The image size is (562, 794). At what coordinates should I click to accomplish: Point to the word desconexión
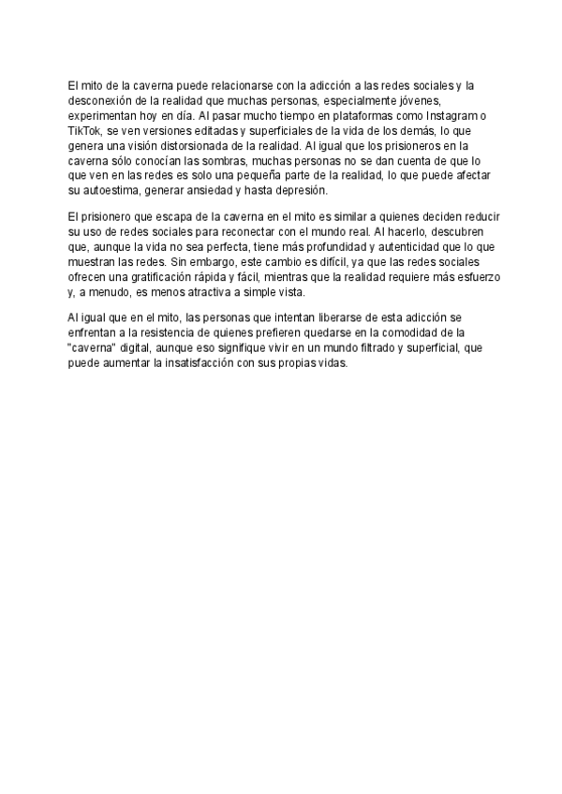tap(103, 100)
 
